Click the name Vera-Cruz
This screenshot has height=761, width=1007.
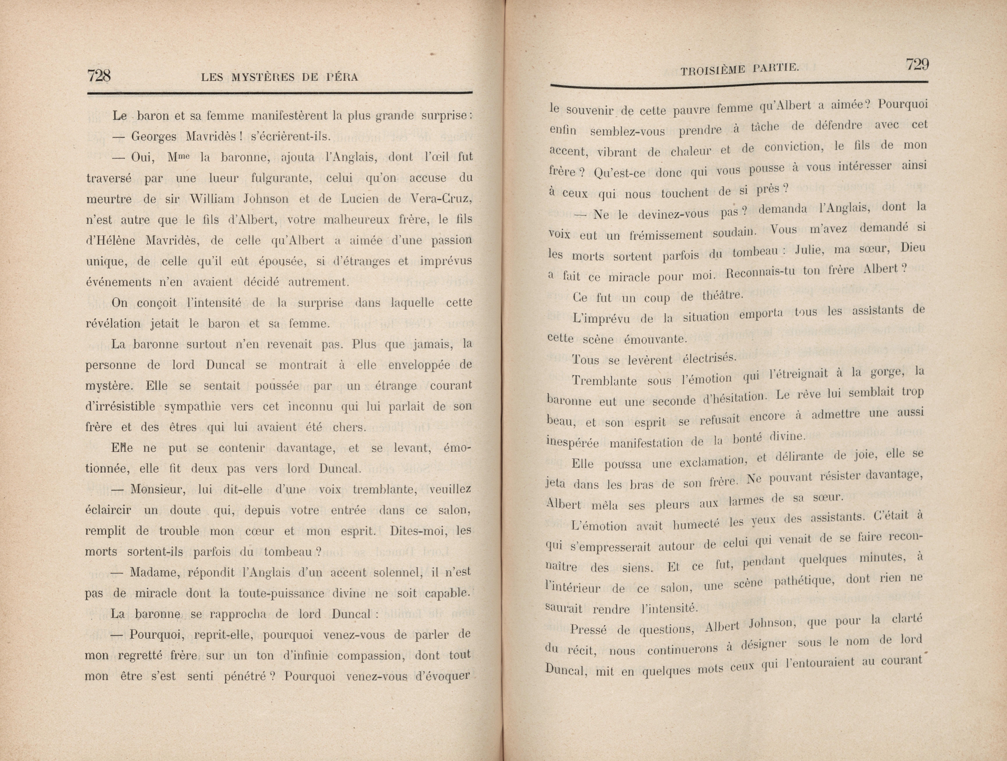(442, 199)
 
